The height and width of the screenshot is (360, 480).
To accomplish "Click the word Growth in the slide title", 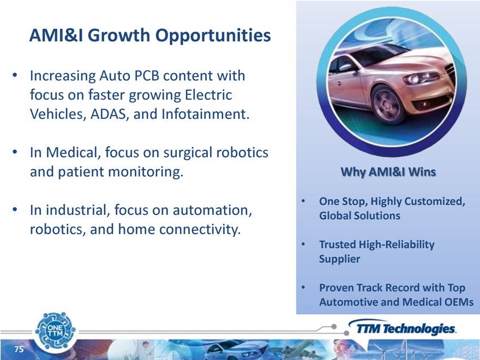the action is click(119, 35).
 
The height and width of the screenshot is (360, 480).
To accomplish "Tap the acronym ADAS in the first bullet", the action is click(109, 114).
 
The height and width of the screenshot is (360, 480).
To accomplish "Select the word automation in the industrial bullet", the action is click(212, 210).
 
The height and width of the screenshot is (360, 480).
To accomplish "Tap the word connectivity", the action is click(200, 229).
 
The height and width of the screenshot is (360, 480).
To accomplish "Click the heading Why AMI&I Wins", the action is click(388, 172).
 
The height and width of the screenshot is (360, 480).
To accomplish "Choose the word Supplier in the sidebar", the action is click(339, 259).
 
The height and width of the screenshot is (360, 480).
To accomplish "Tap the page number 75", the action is click(19, 349).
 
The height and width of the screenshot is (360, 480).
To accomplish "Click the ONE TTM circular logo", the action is click(55, 331).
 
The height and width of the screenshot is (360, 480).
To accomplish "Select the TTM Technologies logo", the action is click(402, 328).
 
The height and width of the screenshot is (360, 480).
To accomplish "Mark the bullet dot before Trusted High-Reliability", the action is click(303, 244).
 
